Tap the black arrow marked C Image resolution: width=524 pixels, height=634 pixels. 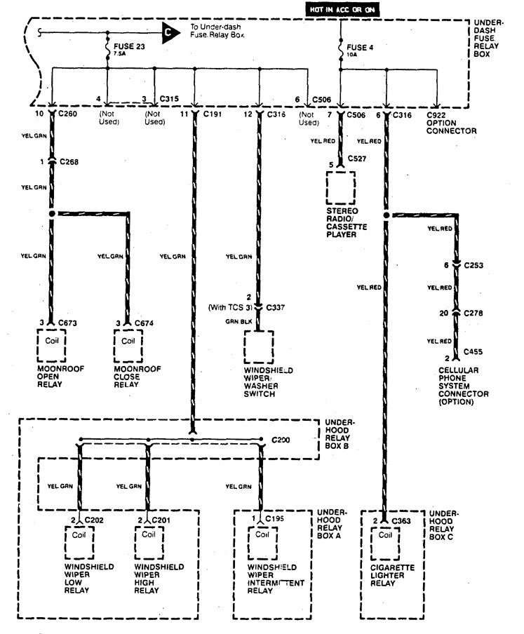[x=168, y=32]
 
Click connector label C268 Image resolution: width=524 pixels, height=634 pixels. [x=69, y=163]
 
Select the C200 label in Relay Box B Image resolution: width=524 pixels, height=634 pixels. [x=282, y=440]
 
